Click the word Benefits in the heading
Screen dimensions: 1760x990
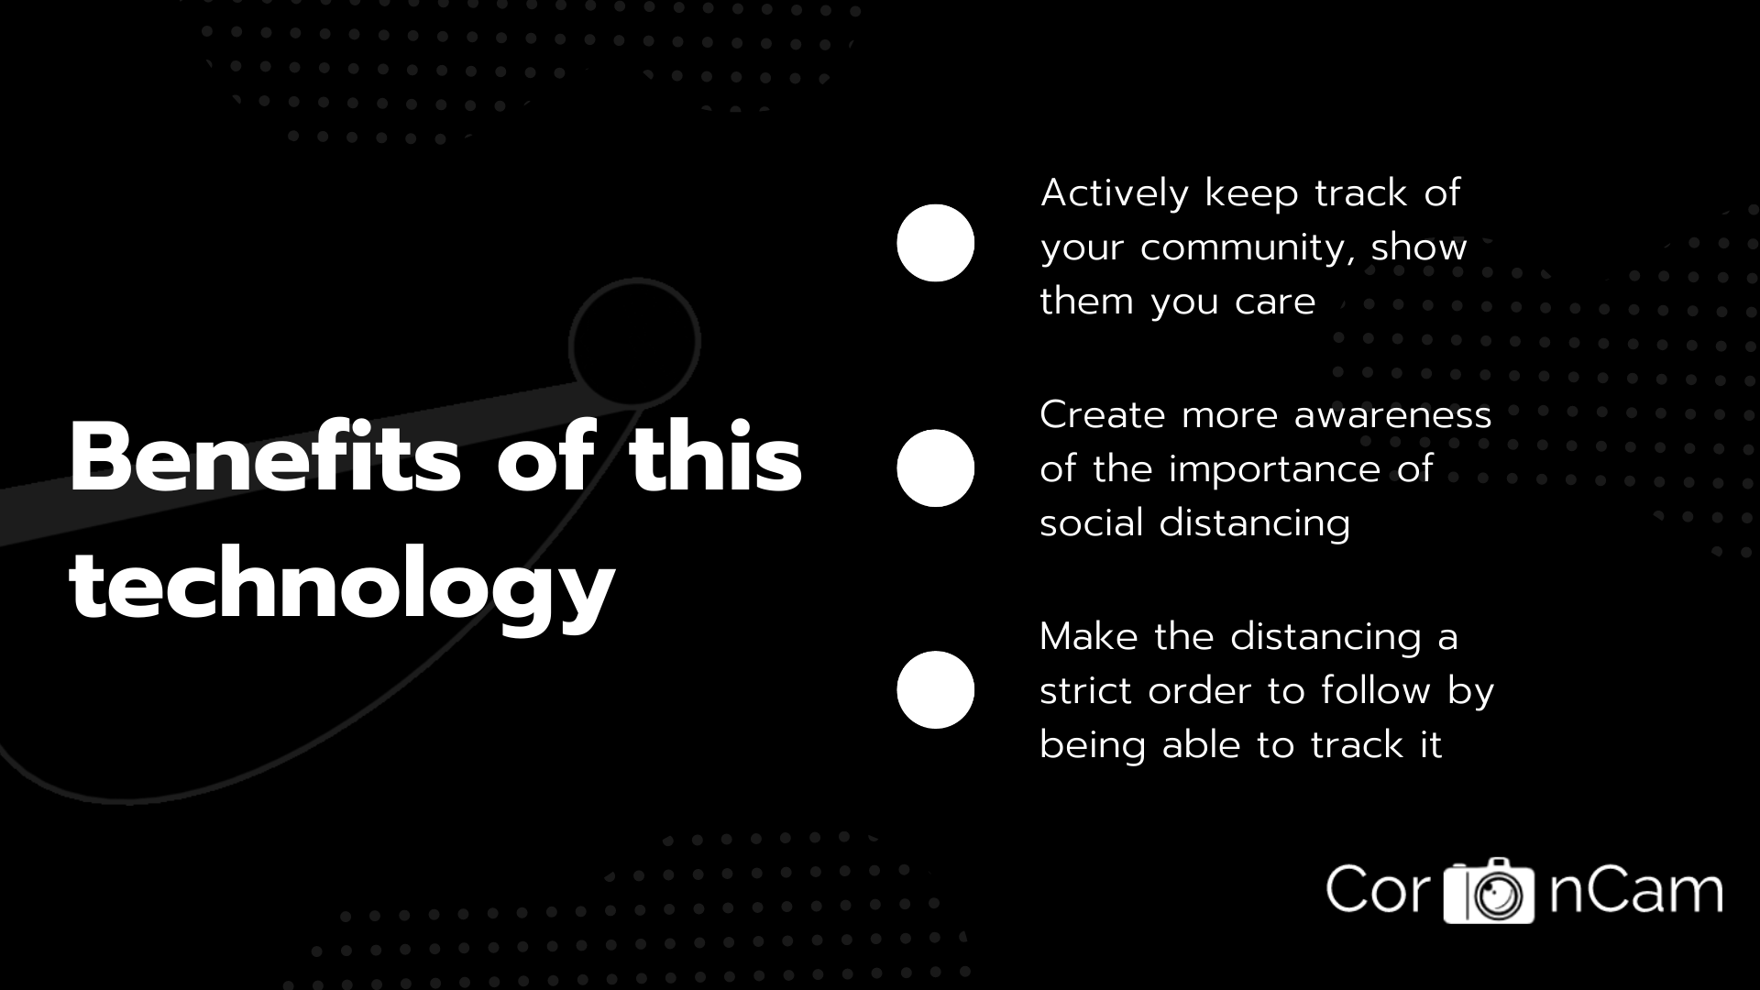(265, 457)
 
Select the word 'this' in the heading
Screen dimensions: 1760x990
(715, 456)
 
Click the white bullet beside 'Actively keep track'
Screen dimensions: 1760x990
(935, 243)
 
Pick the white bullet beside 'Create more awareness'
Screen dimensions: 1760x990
(935, 467)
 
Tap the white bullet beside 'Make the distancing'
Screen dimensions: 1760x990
(935, 689)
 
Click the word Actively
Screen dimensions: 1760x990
(1115, 194)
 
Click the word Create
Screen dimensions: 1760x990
(1102, 414)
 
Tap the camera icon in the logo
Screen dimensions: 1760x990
(1489, 891)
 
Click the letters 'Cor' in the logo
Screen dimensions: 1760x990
(1379, 888)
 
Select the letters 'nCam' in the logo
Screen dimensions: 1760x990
(1635, 889)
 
